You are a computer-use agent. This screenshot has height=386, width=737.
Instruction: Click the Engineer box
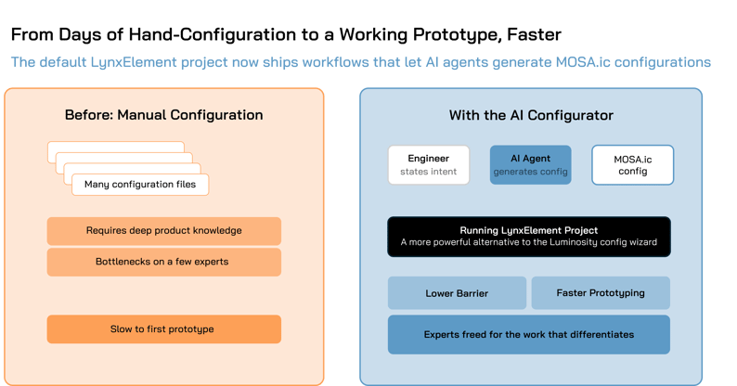(x=429, y=165)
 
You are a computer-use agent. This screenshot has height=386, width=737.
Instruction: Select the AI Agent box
(x=531, y=165)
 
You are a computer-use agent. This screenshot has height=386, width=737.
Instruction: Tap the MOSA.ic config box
(x=633, y=165)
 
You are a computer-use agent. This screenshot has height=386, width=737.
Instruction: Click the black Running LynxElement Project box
(x=529, y=237)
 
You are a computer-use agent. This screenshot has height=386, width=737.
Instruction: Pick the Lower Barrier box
(x=457, y=293)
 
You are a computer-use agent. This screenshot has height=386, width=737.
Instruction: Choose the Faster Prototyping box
(x=601, y=293)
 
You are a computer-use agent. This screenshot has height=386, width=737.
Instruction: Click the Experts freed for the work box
(x=529, y=334)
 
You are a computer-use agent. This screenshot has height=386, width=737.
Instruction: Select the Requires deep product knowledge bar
(x=164, y=230)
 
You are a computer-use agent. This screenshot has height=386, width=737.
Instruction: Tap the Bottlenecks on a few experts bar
(x=164, y=262)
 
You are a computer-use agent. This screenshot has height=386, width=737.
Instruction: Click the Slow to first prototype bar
(x=164, y=329)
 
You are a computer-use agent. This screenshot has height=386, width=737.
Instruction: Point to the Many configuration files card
(x=140, y=185)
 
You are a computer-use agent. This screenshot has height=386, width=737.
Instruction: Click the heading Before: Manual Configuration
(x=164, y=115)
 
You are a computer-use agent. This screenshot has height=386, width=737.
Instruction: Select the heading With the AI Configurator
(x=531, y=115)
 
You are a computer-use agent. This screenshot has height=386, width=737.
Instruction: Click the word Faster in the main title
(x=534, y=34)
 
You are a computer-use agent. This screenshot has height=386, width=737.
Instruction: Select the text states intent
(x=429, y=172)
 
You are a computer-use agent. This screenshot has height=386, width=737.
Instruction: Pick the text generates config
(x=531, y=172)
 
